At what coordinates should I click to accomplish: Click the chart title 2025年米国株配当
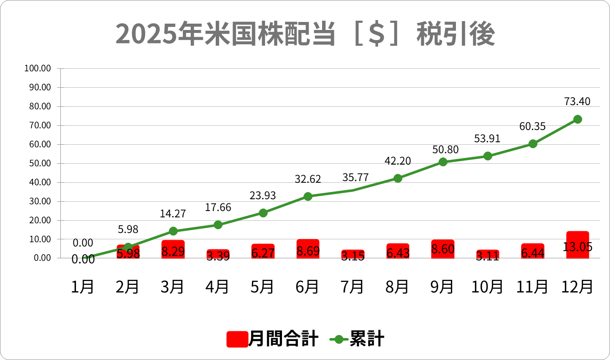click(x=305, y=34)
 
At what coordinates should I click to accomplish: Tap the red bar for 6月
click(x=308, y=249)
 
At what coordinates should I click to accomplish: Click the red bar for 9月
click(x=443, y=249)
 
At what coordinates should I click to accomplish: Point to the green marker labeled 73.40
click(x=577, y=119)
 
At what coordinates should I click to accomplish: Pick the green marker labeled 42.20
click(x=398, y=178)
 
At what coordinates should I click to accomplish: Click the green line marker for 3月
click(x=173, y=231)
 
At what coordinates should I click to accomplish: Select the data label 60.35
click(x=532, y=127)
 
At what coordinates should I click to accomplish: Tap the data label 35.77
click(x=355, y=178)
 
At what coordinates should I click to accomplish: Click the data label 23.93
click(x=263, y=196)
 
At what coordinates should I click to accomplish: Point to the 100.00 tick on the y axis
click(x=38, y=68)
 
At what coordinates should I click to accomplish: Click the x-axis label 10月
click(x=487, y=287)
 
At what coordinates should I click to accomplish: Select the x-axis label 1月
click(x=83, y=287)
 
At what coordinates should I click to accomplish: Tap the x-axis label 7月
click(x=352, y=287)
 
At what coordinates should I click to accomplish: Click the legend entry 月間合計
click(x=273, y=339)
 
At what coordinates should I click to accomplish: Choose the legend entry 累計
click(x=357, y=339)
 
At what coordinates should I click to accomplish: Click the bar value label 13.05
click(x=577, y=247)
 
